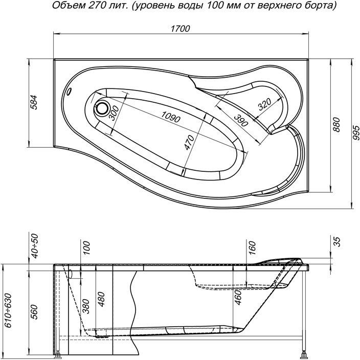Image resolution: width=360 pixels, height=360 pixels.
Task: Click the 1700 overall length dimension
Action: click(181, 29)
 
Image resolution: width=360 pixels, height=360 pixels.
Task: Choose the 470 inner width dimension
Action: click(188, 143)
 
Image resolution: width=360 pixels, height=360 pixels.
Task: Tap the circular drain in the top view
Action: click(102, 108)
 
